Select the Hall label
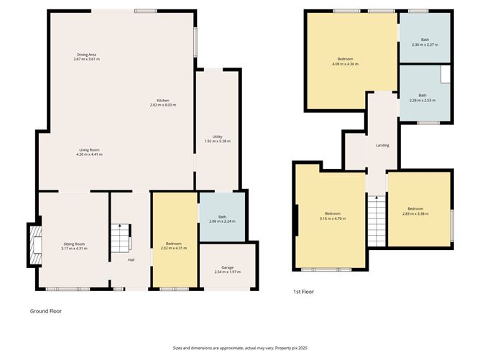click(x=131, y=259)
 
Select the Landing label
click(x=382, y=145)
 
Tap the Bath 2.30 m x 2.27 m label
click(x=425, y=42)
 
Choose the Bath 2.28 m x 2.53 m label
click(x=423, y=98)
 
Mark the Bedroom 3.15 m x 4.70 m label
click(x=333, y=216)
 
